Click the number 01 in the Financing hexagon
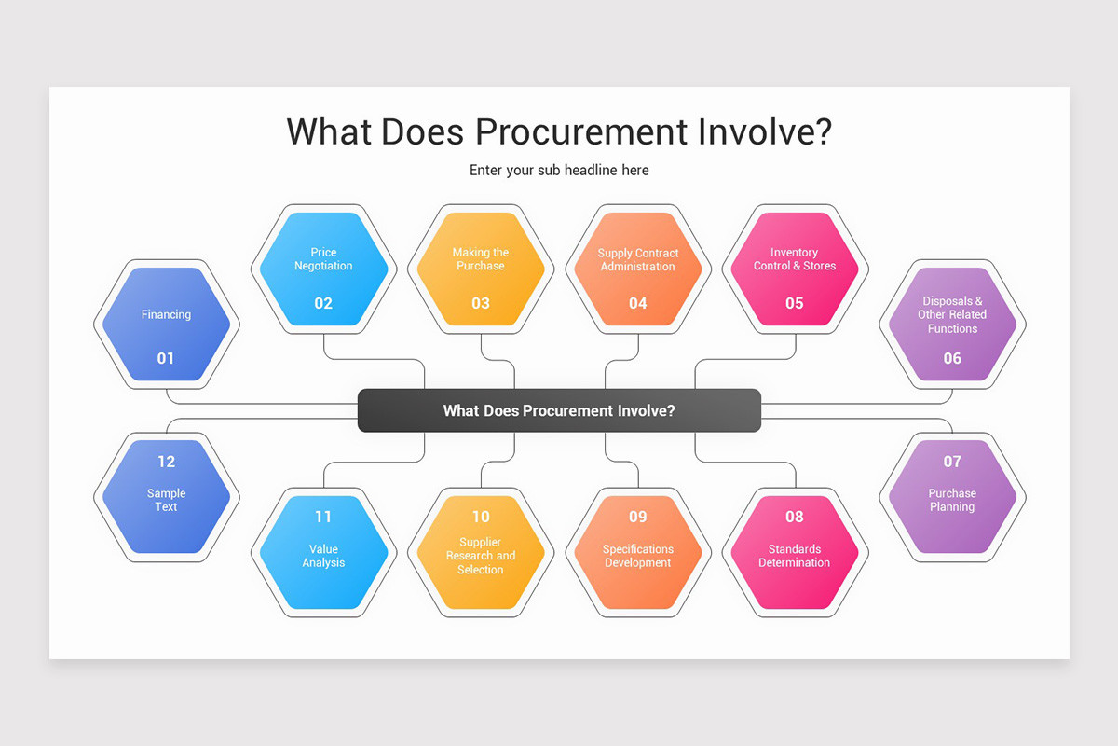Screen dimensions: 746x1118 166,358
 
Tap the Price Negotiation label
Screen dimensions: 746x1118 323,259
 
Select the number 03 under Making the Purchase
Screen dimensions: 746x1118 481,303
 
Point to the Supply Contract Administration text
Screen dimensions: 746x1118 637,259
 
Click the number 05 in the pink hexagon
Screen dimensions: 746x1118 794,303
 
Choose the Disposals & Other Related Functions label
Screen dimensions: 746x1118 952,315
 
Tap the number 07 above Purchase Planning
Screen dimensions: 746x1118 952,461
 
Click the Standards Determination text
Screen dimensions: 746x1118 794,556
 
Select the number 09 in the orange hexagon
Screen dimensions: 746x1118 637,517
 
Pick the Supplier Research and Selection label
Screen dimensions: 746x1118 481,556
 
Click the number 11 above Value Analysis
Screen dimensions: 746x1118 323,517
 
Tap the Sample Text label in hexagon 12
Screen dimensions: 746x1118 166,500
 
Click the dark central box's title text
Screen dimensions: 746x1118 559,410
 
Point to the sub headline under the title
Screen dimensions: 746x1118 559,171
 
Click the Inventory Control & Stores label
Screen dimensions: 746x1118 794,259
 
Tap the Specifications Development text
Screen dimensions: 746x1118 637,556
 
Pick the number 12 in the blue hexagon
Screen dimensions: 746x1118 166,461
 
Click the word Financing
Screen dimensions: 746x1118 166,315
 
